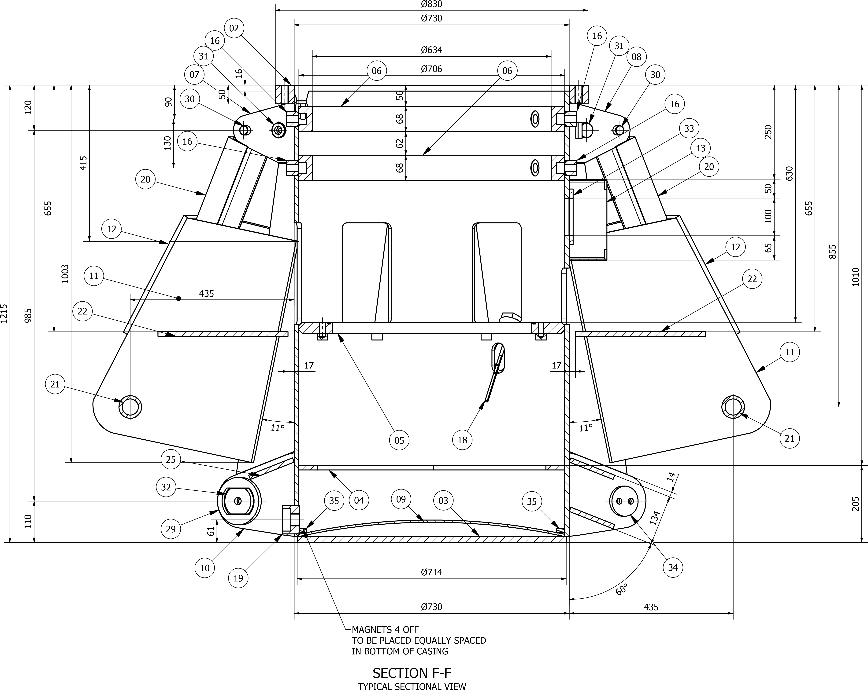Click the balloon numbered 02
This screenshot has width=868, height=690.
pyautogui.click(x=234, y=28)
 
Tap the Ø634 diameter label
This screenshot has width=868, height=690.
pyautogui.click(x=432, y=50)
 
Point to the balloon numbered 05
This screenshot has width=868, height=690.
pyautogui.click(x=399, y=440)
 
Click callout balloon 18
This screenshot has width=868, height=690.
pyautogui.click(x=462, y=440)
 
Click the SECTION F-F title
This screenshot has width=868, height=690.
pyautogui.click(x=412, y=673)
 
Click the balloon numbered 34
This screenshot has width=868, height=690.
pyautogui.click(x=673, y=568)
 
